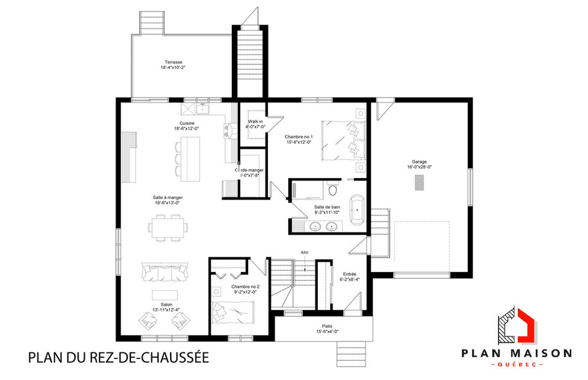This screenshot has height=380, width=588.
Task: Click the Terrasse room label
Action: pos(174,62)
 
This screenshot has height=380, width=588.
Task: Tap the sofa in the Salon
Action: pos(164,273)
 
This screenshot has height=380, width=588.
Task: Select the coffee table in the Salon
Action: pos(165,295)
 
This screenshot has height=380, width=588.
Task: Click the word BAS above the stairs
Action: pos(305,253)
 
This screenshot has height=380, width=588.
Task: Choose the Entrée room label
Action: pos(350,273)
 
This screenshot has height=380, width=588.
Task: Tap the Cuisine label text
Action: pos(186,123)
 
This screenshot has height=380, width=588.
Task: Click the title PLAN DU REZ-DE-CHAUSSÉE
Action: pos(118,358)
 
